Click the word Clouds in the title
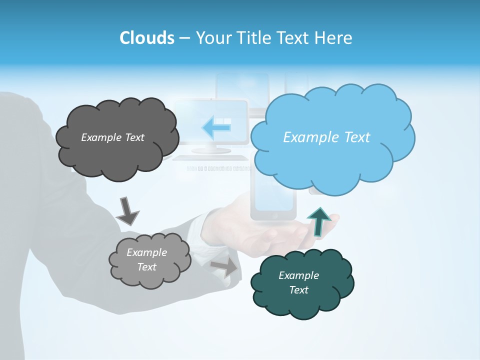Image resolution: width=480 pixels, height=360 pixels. (x=146, y=38)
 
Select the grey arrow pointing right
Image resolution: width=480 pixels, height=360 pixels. (x=224, y=267)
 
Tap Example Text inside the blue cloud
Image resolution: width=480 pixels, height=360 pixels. (x=326, y=137)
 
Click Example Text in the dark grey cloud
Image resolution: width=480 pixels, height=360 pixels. (x=112, y=137)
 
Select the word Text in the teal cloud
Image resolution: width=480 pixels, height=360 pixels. (x=298, y=290)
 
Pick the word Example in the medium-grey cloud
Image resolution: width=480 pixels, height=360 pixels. (x=146, y=252)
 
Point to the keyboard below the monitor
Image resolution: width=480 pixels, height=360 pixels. (x=210, y=158)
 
